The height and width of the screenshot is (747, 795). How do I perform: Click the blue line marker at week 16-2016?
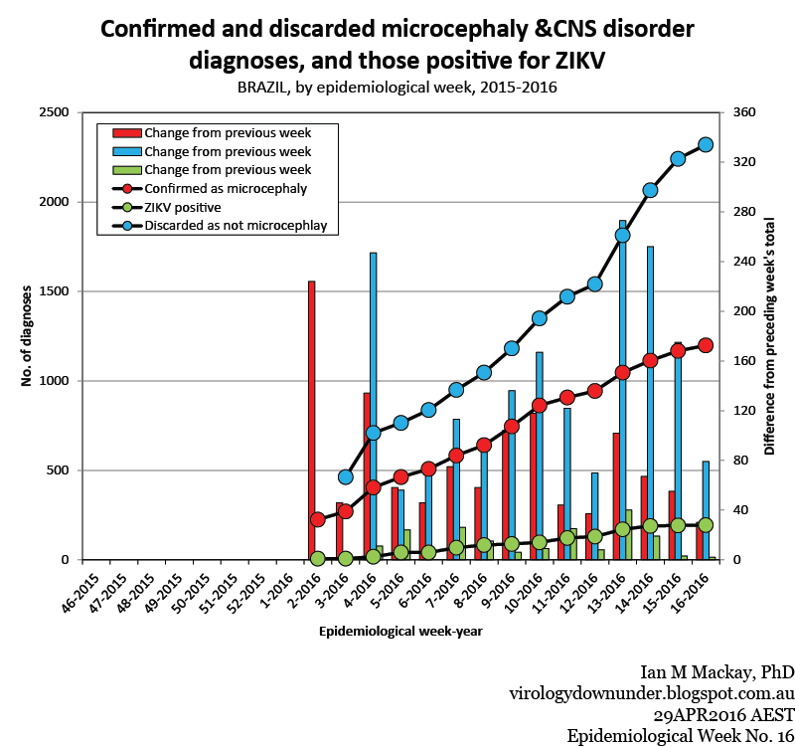(706, 144)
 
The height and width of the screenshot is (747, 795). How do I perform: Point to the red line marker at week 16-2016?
(706, 345)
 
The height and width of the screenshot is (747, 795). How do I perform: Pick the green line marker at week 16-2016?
(706, 524)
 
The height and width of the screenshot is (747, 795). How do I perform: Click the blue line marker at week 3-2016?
(346, 477)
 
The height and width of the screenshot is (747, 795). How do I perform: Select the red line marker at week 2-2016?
(318, 519)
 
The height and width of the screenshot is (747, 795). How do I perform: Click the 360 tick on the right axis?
(744, 112)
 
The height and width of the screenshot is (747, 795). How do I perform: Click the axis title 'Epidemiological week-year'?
(401, 631)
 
